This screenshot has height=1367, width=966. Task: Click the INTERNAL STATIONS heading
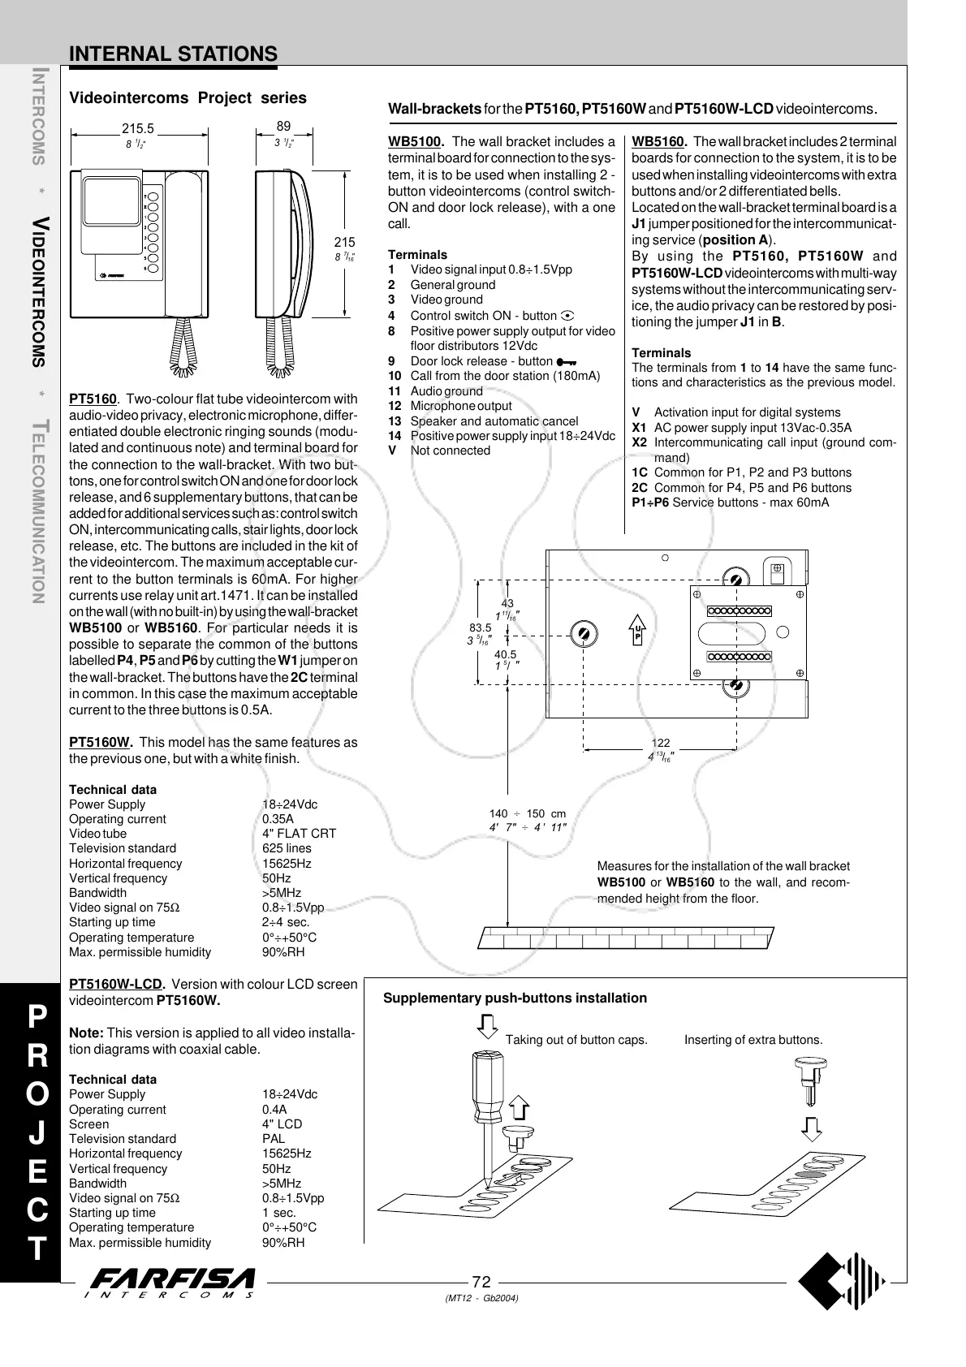click(x=173, y=54)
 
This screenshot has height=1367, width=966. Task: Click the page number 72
click(x=481, y=1282)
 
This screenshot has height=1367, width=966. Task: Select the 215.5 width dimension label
click(x=137, y=127)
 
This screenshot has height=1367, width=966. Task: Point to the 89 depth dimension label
click(x=283, y=127)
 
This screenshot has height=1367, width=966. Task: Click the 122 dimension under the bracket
click(x=661, y=743)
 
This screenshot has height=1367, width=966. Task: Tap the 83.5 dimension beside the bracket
click(x=481, y=627)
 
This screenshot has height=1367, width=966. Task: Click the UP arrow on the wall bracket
click(x=638, y=631)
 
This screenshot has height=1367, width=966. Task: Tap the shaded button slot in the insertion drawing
click(x=809, y=1173)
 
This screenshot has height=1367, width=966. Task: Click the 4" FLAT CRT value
click(x=299, y=834)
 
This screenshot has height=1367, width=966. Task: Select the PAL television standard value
click(x=274, y=1139)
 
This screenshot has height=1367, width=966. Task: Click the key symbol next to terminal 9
click(x=567, y=362)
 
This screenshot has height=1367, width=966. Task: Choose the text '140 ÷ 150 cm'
click(x=528, y=814)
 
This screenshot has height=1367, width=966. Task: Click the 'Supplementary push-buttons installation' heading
click(x=515, y=998)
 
